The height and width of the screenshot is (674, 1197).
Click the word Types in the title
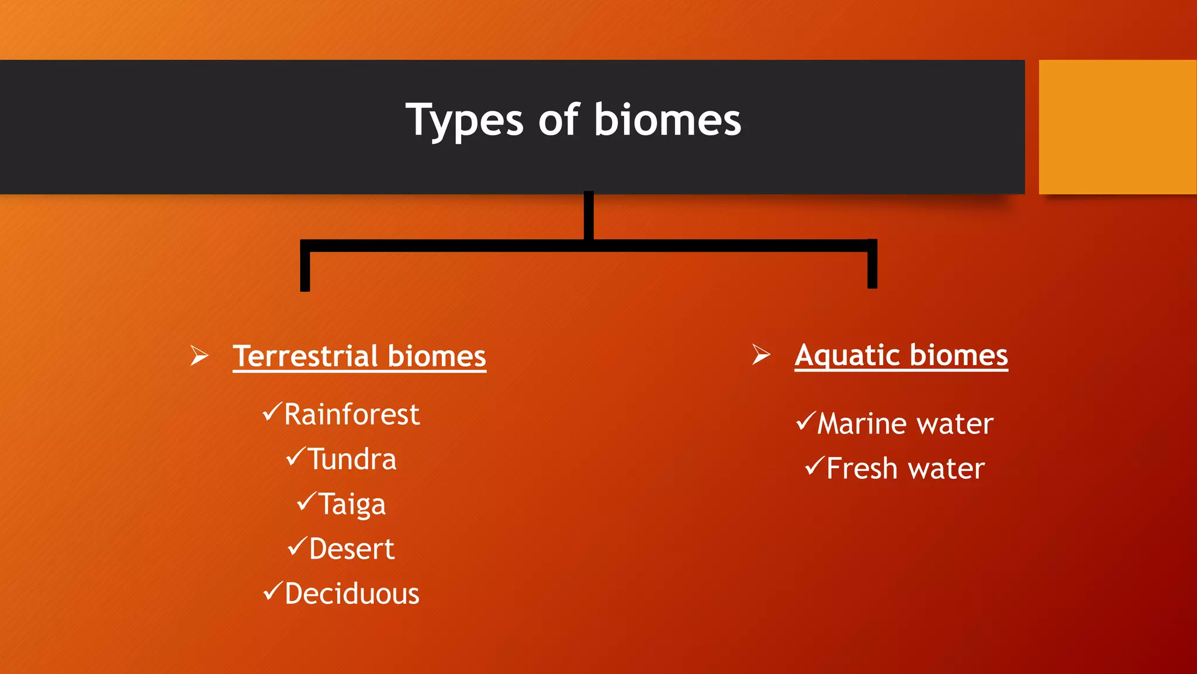[x=464, y=121]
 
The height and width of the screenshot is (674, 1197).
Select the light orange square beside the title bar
[x=1117, y=127]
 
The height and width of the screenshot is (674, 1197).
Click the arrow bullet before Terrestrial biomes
[x=199, y=355]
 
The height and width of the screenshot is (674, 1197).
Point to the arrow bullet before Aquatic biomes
[x=761, y=355]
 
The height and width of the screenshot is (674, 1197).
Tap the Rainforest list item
[x=351, y=414]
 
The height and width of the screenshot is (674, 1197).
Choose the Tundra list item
[x=352, y=459]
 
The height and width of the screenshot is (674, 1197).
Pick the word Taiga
[x=352, y=504]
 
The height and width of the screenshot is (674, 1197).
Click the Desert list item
[x=351, y=549]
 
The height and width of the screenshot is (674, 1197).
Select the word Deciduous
[x=352, y=594]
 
